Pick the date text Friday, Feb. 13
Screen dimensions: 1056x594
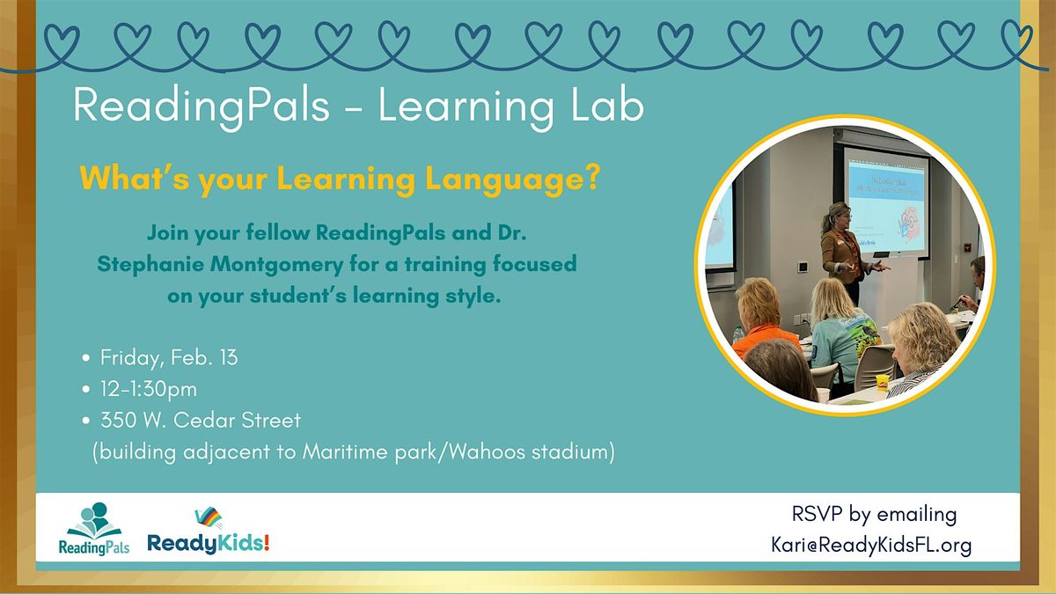[169, 358]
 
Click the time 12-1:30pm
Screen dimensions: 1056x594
[149, 389]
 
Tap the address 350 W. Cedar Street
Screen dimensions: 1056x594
[201, 421]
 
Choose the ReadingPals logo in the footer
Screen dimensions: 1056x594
[94, 528]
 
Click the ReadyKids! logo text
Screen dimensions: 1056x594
[209, 543]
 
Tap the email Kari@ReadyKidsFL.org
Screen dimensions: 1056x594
[872, 546]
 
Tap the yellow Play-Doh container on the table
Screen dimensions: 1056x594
[882, 382]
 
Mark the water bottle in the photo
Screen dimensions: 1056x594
[738, 335]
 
